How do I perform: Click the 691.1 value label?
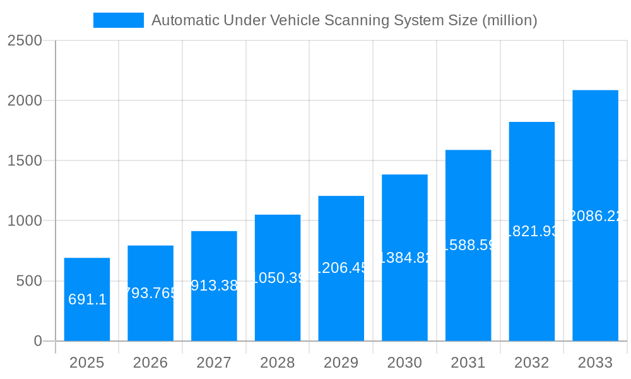(x=87, y=299)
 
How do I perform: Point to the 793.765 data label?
(x=150, y=293)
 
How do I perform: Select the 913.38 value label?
(x=214, y=286)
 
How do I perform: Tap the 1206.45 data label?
(x=341, y=268)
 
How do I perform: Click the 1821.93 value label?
(x=531, y=231)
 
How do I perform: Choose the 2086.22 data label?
(x=595, y=216)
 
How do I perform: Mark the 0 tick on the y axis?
(x=37, y=341)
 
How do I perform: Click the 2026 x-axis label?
(x=150, y=363)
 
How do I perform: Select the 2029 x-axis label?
(x=341, y=363)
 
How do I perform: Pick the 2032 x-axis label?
(x=531, y=363)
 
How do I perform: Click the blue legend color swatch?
(x=119, y=20)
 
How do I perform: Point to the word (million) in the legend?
(x=509, y=20)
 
